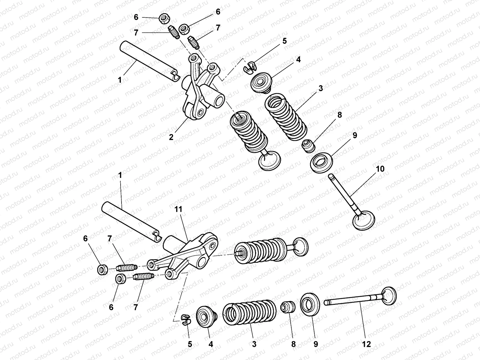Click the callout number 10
click(379, 169)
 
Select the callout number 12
click(367, 344)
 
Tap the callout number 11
click(179, 209)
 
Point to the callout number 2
click(171, 137)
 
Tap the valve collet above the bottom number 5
click(186, 319)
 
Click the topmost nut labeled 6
click(164, 19)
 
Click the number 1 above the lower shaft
click(121, 175)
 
